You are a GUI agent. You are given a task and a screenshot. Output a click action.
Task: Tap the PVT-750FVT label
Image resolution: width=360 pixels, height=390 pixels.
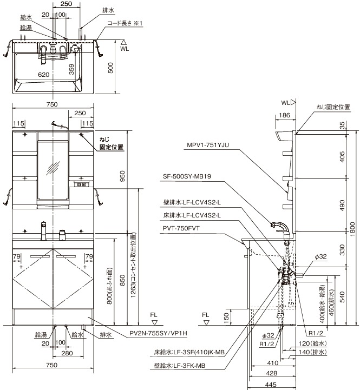click(x=181, y=228)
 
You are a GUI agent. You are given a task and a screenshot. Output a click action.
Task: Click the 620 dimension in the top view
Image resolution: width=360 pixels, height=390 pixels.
click(x=44, y=75)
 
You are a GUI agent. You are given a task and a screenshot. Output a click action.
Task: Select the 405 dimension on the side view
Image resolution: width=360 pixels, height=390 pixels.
click(x=340, y=156)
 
